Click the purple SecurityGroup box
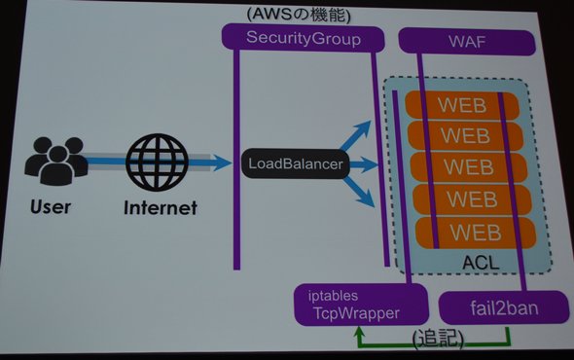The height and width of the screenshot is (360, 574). pos(304,38)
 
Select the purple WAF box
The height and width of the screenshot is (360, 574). pos(467,42)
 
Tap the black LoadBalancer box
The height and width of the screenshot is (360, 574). pos(296,163)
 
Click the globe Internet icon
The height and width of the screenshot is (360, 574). pos(157,162)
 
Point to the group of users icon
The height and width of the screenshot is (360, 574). pos(56,161)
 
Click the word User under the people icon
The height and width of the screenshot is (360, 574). pos(51,207)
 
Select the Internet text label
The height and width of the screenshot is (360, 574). pos(161,208)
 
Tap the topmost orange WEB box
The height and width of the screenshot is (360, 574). pos(462,105)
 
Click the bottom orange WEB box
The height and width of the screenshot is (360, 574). pos(476,233)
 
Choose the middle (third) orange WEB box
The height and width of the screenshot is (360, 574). pos(469,167)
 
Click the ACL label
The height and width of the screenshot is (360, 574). pos(481,263)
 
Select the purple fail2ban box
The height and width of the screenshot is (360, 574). pos(504,308)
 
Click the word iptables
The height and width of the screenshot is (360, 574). pos(333,296)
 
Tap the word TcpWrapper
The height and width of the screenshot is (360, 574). pos(356,313)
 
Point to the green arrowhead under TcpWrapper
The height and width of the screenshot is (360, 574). pos(360,332)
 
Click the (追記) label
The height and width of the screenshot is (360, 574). pos(438,339)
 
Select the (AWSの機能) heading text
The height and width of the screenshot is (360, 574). pos(299,15)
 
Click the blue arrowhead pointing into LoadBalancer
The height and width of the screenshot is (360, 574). pos(222,162)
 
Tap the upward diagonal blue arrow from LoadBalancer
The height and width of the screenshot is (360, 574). pos(355,135)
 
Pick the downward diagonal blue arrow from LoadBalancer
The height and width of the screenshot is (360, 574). pos(358,193)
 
